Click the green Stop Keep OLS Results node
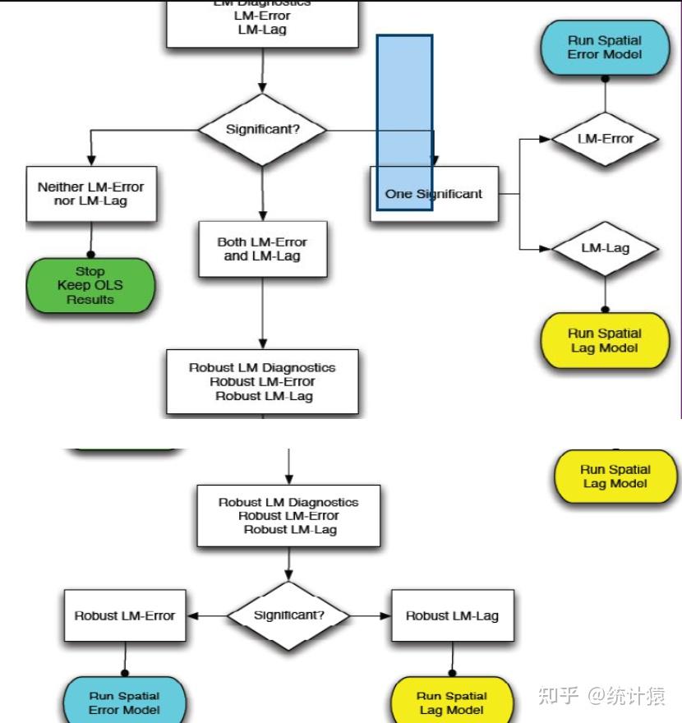(x=90, y=286)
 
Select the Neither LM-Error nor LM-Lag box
(x=90, y=194)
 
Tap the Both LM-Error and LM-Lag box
(x=262, y=249)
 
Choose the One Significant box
(x=434, y=194)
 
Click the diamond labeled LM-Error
(x=605, y=139)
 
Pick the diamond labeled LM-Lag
(x=605, y=248)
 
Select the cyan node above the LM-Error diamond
(x=605, y=48)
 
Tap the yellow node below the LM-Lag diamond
(x=605, y=340)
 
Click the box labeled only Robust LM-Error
(x=125, y=615)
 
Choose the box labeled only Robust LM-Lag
(x=452, y=615)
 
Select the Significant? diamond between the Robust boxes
(x=288, y=615)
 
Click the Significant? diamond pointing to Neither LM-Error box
(x=262, y=130)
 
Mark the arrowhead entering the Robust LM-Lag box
(x=386, y=615)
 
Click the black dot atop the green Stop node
(x=90, y=255)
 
